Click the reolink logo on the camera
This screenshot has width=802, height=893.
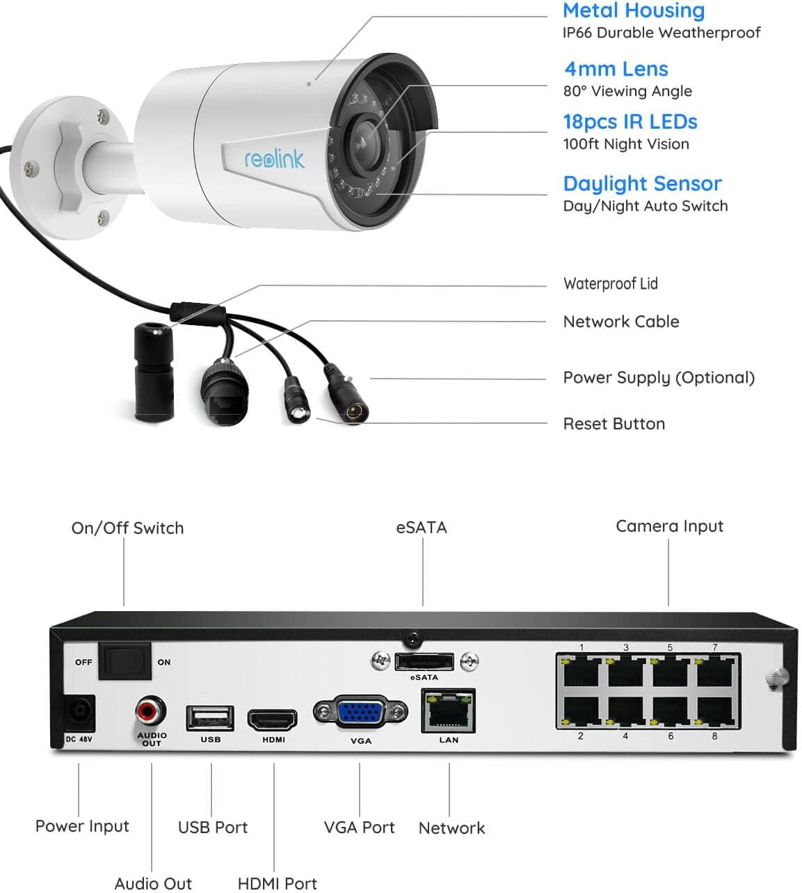[x=274, y=159]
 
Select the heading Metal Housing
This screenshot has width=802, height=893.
[x=633, y=10]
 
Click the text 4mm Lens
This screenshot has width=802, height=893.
[x=616, y=69]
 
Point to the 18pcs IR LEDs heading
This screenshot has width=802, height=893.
[x=629, y=122]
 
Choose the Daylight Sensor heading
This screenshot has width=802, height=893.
[x=642, y=184]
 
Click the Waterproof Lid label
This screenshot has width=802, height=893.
[x=610, y=283]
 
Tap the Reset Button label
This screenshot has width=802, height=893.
[x=613, y=424]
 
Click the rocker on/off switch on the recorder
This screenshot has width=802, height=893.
[x=125, y=661]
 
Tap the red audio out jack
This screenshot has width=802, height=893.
[x=150, y=711]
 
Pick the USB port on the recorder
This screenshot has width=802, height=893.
[x=209, y=718]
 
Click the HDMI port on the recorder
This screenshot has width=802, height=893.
[x=273, y=720]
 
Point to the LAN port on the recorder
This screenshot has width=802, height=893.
[x=449, y=711]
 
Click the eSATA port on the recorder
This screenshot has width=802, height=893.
[x=424, y=662]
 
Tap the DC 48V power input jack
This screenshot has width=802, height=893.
[x=78, y=713]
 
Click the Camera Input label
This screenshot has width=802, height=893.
[x=669, y=526]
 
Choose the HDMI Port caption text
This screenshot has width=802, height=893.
[x=277, y=883]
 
